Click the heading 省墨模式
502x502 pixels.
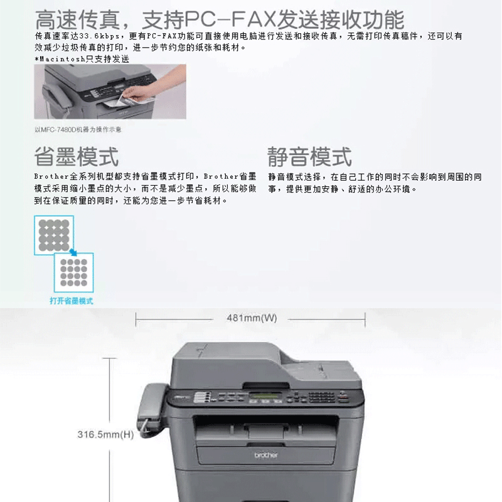click(x=77, y=156)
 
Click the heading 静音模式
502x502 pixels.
click(x=309, y=156)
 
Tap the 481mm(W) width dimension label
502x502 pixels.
click(x=252, y=318)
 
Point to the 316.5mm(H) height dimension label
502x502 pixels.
click(x=105, y=434)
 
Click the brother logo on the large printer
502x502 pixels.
click(x=266, y=455)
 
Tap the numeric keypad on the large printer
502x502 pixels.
click(x=322, y=397)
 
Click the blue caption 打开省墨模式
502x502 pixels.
click(x=72, y=301)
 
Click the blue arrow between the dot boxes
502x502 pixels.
click(x=73, y=252)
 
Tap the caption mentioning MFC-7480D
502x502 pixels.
click(x=78, y=130)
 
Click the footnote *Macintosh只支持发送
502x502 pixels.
click(x=82, y=59)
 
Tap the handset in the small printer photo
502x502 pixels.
click(x=55, y=99)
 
